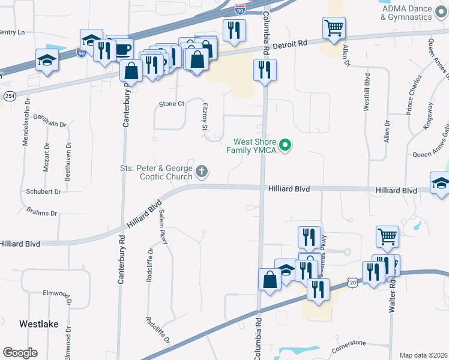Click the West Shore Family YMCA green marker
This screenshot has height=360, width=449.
tap(286, 145)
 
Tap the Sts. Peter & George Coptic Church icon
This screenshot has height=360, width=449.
tap(202, 173)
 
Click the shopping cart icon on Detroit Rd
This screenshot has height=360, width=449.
tap(334, 28)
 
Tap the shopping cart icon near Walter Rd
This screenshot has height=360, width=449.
tap(388, 237)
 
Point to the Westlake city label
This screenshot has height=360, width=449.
tap(39, 324)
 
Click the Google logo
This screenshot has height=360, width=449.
tap(20, 353)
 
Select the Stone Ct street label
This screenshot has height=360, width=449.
tap(171, 104)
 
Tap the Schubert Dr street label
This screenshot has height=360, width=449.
tap(43, 192)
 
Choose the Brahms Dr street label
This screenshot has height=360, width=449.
tap(41, 211)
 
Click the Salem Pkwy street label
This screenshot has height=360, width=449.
tap(162, 230)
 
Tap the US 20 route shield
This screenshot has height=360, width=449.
tap(352, 282)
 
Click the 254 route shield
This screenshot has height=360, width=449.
tap(10, 96)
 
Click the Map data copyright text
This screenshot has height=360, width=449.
tap(423, 355)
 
